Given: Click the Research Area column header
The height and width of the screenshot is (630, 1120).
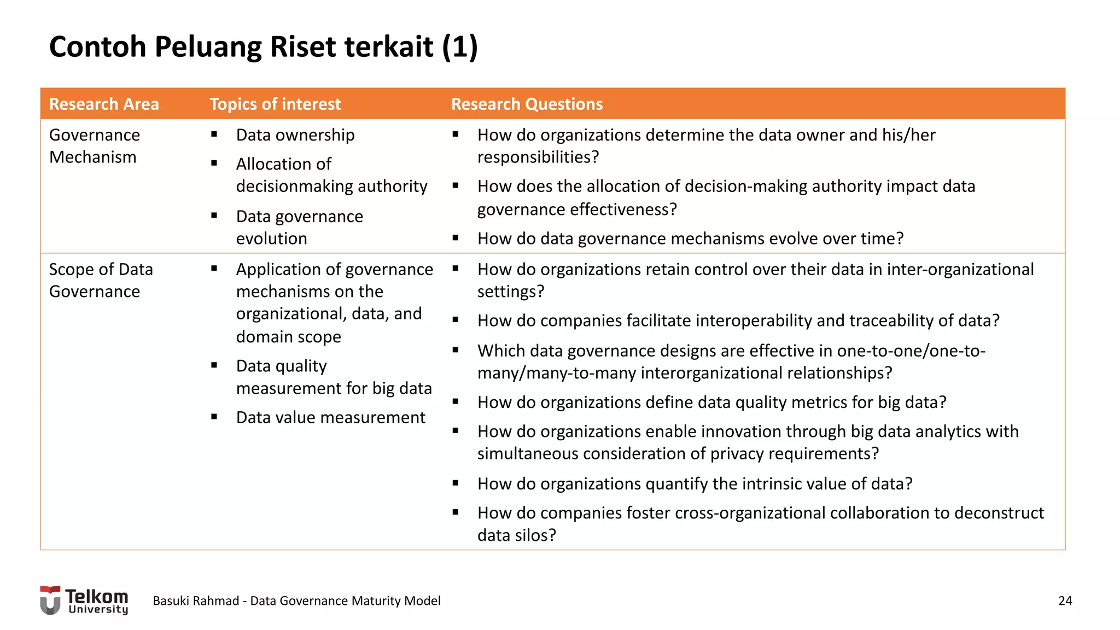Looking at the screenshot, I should click(104, 104).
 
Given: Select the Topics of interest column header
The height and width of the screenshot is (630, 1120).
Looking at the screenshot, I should click(275, 104).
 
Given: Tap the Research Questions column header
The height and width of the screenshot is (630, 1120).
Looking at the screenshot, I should click(527, 104).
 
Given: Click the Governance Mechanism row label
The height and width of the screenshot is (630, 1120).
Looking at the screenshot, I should click(94, 146).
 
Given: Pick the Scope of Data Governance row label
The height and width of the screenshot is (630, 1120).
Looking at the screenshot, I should click(101, 280).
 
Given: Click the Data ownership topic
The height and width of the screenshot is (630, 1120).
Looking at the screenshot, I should click(295, 135).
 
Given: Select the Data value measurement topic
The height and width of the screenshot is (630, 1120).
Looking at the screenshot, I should click(330, 417).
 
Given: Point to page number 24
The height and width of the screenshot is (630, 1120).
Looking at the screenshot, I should click(1065, 600).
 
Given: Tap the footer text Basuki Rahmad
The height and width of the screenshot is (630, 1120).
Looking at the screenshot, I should click(196, 600).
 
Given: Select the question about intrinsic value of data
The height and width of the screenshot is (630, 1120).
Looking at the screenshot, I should click(695, 483).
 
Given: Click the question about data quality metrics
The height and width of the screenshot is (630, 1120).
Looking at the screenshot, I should click(711, 402).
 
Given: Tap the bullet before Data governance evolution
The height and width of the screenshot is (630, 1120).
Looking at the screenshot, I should click(214, 216).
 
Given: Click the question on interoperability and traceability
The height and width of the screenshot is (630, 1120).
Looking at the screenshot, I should click(738, 320).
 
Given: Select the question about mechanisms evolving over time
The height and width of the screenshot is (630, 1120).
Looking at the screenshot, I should click(690, 238).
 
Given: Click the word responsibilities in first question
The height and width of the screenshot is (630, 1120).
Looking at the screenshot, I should click(538, 157).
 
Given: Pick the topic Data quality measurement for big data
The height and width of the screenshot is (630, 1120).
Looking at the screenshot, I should click(334, 377).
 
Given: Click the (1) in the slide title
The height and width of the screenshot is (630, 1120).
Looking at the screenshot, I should click(460, 46).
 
